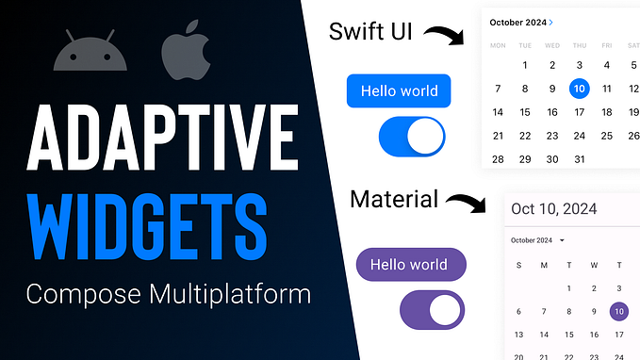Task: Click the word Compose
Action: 78,295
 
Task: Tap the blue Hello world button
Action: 399,91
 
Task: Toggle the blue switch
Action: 411,138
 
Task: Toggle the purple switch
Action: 432,309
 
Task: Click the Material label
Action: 394,199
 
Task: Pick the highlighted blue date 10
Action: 580,90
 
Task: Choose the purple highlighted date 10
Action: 618,310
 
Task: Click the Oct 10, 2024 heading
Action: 556,208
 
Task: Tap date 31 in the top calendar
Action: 580,159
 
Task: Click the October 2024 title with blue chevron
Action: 522,21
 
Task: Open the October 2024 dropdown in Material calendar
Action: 537,240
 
